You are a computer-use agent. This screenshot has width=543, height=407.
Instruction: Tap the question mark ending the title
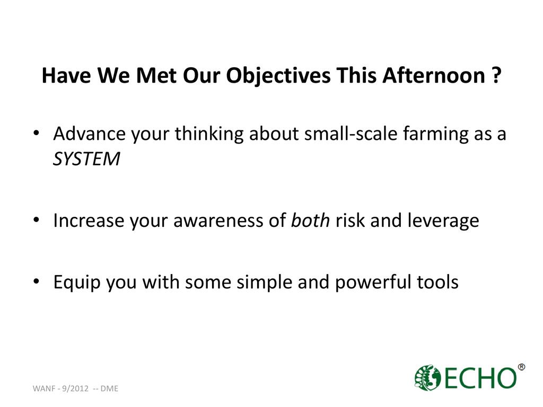pyautogui.click(x=496, y=75)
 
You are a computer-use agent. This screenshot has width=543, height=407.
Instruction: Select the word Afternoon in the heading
pyautogui.click(x=434, y=75)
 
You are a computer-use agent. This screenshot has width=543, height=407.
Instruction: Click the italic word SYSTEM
pyautogui.click(x=86, y=159)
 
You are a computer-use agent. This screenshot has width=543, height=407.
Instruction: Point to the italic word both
pyautogui.click(x=310, y=220)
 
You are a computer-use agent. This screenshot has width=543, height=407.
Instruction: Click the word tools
pyautogui.click(x=437, y=282)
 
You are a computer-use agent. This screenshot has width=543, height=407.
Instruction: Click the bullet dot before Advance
pyautogui.click(x=37, y=133)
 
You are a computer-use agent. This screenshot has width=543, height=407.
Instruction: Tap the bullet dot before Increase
pyautogui.click(x=37, y=220)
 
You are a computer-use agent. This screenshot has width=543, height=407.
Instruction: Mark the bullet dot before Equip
pyautogui.click(x=37, y=281)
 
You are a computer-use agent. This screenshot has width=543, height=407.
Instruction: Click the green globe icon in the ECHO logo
pyautogui.click(x=428, y=377)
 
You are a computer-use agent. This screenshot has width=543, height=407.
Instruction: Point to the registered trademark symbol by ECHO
pyautogui.click(x=521, y=367)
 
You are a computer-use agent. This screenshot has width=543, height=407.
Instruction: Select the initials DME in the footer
pyautogui.click(x=109, y=388)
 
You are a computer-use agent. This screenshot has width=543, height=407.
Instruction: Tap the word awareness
pyautogui.click(x=218, y=221)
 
